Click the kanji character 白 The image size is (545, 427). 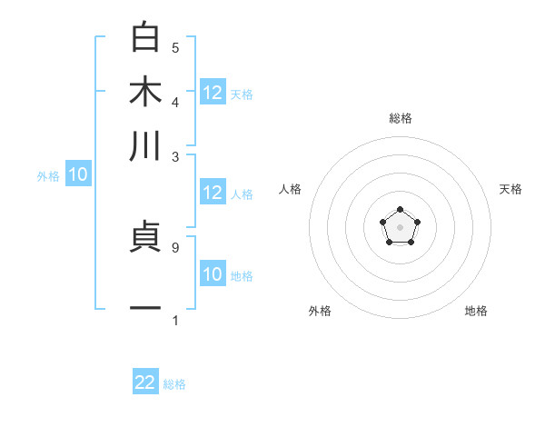pyautogui.click(x=145, y=37)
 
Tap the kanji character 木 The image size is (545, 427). pyautogui.click(x=145, y=92)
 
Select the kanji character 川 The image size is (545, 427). pyautogui.click(x=145, y=146)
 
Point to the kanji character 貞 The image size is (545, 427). pyautogui.click(x=145, y=238)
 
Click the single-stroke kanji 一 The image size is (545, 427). pyautogui.click(x=145, y=309)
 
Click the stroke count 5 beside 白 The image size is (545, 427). pyautogui.click(x=175, y=47)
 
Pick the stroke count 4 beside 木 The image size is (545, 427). pyautogui.click(x=175, y=101)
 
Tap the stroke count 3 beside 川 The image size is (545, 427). pyautogui.click(x=175, y=156)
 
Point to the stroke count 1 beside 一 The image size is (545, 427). pyautogui.click(x=175, y=320)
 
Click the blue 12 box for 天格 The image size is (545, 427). pyautogui.click(x=213, y=92)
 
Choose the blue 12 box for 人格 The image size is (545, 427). pyautogui.click(x=213, y=193)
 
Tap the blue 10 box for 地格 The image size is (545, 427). pyautogui.click(x=213, y=274)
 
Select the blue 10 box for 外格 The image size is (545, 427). pyautogui.click(x=78, y=175)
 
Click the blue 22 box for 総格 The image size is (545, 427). pyautogui.click(x=145, y=382)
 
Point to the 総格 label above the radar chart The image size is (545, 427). pyautogui.click(x=400, y=118)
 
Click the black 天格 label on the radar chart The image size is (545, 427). pyautogui.click(x=510, y=189)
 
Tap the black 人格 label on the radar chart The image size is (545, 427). pyautogui.click(x=291, y=189)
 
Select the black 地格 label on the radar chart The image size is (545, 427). pyautogui.click(x=476, y=311)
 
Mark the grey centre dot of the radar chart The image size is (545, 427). pyautogui.click(x=400, y=227)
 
